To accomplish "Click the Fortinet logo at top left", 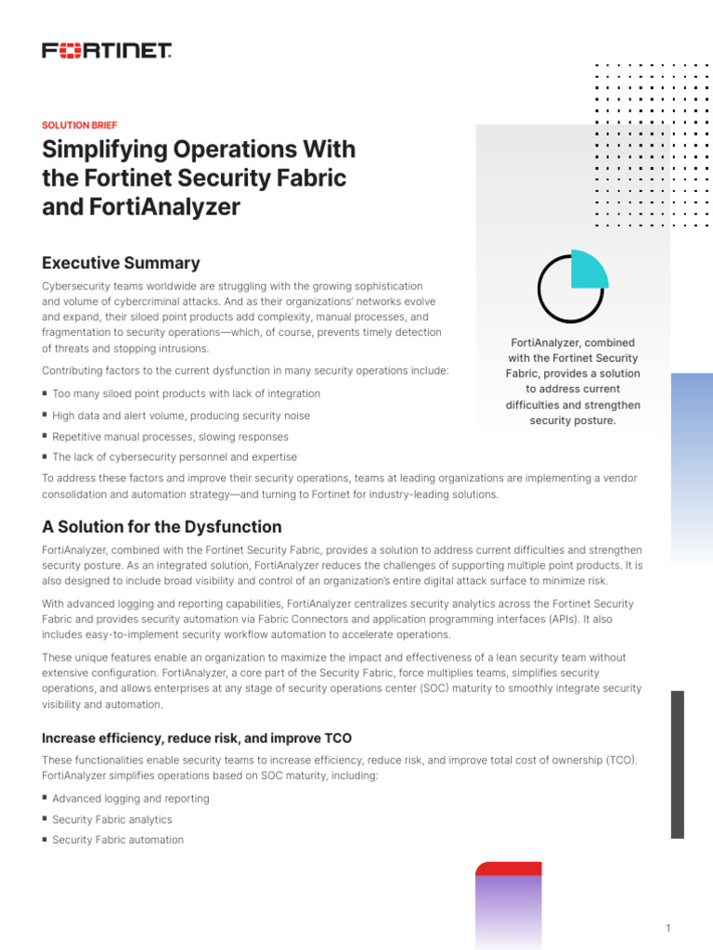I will click(107, 51).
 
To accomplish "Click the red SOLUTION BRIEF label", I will click(80, 125).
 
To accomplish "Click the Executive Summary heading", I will click(121, 263).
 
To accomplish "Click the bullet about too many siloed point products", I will click(186, 394).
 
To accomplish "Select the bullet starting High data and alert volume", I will click(181, 416).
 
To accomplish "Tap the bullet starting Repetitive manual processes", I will click(170, 436).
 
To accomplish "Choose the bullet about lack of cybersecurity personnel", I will click(175, 456).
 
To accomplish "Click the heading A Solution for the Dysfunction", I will click(162, 527).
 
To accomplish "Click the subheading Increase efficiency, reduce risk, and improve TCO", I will click(197, 738).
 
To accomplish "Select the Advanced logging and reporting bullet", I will click(131, 799).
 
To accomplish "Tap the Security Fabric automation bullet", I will click(118, 840).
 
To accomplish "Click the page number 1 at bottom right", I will click(668, 929).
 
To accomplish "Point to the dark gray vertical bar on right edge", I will click(678, 764).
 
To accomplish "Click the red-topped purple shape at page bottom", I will click(508, 905).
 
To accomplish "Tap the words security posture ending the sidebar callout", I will click(573, 420).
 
